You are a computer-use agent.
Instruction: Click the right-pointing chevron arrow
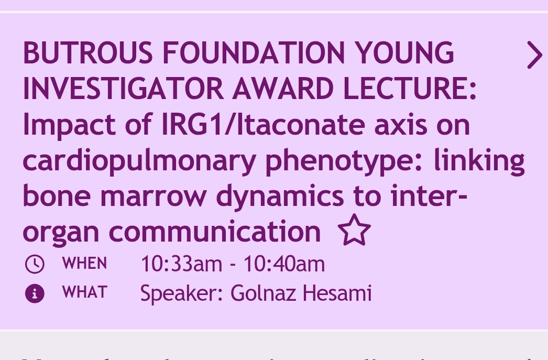pos(534,55)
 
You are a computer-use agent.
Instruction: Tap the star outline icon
pos(354,231)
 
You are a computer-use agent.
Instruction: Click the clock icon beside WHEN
pos(35,264)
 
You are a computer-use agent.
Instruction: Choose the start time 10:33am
pos(181,264)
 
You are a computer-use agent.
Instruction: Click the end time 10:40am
pos(284,264)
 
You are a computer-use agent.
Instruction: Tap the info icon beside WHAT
pos(35,293)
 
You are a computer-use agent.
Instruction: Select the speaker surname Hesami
pos(339,293)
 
